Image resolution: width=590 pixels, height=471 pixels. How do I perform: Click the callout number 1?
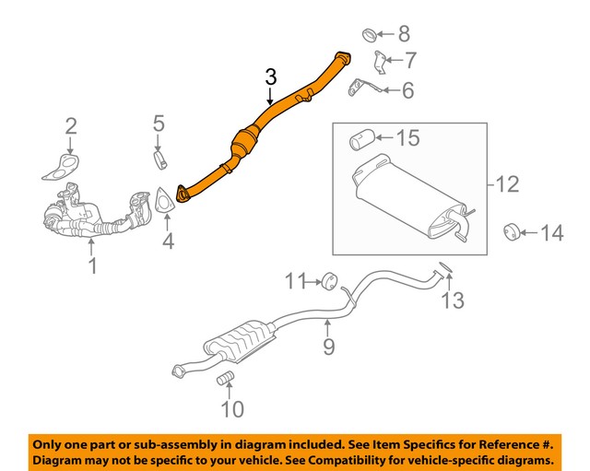[x=91, y=267]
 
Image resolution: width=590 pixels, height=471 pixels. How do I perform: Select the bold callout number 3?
[x=270, y=77]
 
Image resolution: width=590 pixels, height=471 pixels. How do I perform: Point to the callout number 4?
[x=167, y=241]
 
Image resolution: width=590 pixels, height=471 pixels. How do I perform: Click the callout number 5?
[x=159, y=122]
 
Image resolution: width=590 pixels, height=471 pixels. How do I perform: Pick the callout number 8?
[x=404, y=35]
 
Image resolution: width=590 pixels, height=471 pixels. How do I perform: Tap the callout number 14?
[x=550, y=234]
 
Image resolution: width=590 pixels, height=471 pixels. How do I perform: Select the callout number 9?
[x=328, y=346]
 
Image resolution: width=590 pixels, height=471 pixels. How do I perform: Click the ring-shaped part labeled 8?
[x=366, y=36]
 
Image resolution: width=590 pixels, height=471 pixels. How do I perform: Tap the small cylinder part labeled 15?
[x=359, y=140]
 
